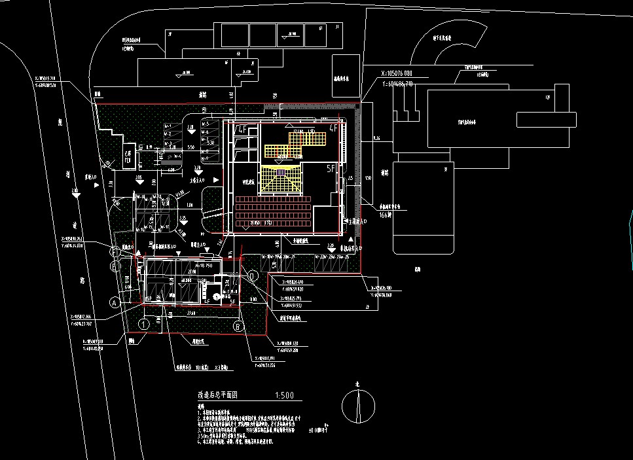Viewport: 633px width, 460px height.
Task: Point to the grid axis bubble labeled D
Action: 253,276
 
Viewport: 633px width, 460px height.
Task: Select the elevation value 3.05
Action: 139,177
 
